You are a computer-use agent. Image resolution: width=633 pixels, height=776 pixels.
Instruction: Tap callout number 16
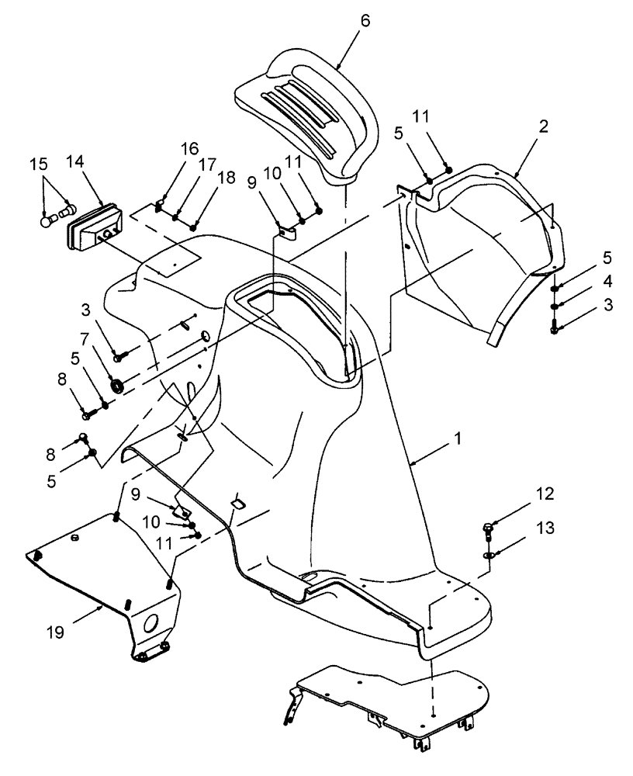click(168, 149)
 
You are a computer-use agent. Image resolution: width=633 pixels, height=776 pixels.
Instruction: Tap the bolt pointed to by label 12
click(487, 531)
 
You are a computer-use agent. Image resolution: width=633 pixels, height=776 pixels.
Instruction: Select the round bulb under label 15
click(47, 220)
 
